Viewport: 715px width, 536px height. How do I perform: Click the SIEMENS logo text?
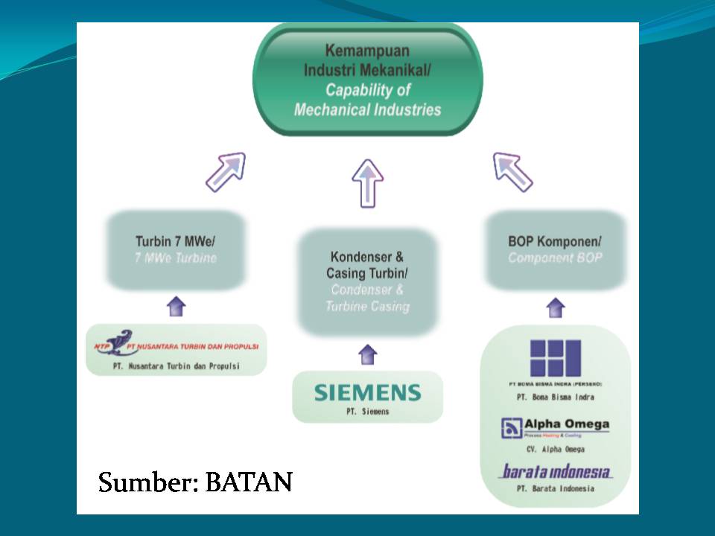367,392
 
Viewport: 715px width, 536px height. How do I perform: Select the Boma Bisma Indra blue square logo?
555,358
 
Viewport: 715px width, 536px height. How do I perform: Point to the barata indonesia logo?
555,471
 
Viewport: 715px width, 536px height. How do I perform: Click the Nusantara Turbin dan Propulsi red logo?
176,345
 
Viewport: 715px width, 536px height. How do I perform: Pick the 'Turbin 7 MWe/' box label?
176,242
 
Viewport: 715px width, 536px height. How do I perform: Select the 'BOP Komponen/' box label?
555,242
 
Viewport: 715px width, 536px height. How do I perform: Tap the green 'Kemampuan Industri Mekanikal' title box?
367,80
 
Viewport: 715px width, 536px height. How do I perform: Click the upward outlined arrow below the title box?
367,182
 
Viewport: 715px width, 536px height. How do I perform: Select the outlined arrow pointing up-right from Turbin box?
225,172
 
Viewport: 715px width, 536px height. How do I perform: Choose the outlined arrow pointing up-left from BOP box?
512,172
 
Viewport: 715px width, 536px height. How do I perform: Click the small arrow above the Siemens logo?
367,354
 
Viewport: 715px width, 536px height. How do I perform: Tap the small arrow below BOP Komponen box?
555,307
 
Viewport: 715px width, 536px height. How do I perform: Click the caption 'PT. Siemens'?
367,411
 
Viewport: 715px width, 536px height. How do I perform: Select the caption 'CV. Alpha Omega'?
555,450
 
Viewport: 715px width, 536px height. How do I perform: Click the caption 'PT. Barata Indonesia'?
555,488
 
